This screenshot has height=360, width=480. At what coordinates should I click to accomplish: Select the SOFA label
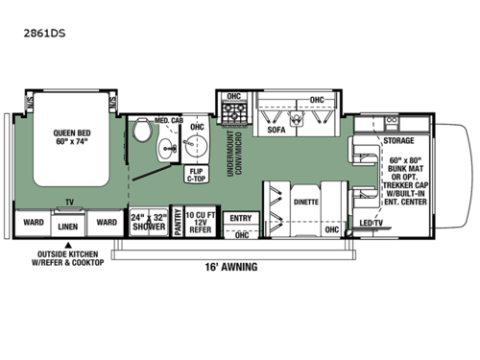[x=276, y=128]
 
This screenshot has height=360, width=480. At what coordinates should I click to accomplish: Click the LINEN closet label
[x=66, y=227]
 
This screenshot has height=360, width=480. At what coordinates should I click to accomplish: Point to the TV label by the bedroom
[x=68, y=204]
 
